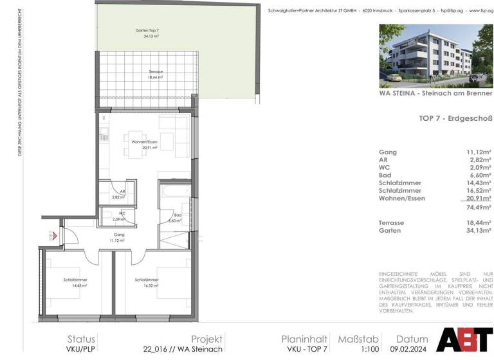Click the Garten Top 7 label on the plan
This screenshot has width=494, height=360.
pyautogui.click(x=147, y=33)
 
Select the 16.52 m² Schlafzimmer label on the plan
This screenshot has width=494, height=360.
pyautogui.click(x=147, y=282)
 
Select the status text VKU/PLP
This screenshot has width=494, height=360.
pyautogui.click(x=82, y=350)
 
